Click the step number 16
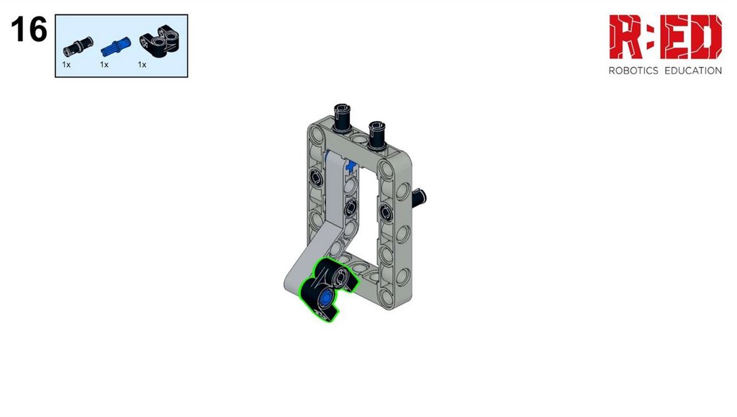[x=29, y=29]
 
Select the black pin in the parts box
[x=78, y=45]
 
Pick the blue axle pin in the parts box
[x=116, y=47]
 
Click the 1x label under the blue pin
[x=104, y=65]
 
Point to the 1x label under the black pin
[x=66, y=65]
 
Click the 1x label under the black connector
[x=142, y=65]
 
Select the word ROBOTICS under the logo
[x=633, y=71]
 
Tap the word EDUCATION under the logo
[x=693, y=71]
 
